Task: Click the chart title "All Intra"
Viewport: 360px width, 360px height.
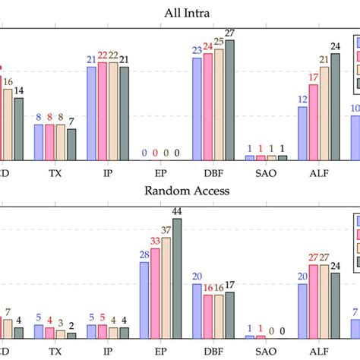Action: coord(179,12)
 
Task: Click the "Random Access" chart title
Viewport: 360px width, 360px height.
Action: coord(179,191)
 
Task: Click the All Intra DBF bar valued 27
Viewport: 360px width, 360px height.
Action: coord(229,99)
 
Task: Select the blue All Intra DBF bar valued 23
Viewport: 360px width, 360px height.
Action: coord(197,109)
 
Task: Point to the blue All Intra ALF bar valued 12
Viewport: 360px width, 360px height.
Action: coord(302,133)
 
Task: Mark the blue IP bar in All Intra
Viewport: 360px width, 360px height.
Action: coord(92,113)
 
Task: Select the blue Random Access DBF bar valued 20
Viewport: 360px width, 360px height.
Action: coord(197,311)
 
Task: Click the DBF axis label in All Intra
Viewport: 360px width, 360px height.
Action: coord(213,172)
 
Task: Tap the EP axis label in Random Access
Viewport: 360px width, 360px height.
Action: coord(161,352)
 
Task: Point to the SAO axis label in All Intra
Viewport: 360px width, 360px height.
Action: coord(266,172)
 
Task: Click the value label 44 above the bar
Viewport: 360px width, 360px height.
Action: coord(177,210)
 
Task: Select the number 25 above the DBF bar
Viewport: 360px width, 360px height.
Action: coord(219,41)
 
